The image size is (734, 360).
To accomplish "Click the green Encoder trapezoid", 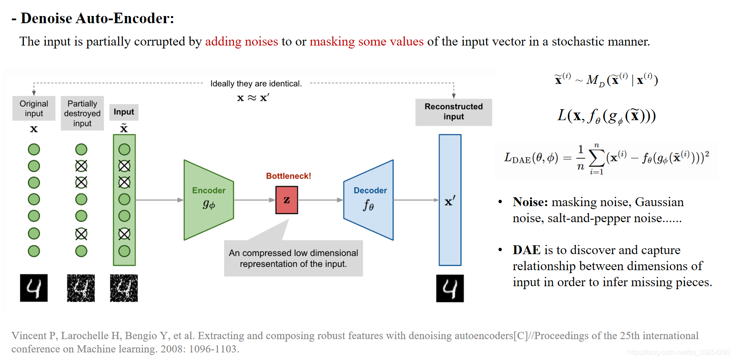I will tap(209, 200).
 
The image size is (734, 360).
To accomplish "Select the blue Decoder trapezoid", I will tap(369, 200).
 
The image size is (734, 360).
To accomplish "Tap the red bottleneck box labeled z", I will tap(287, 200).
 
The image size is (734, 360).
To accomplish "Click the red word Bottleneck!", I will tap(288, 176).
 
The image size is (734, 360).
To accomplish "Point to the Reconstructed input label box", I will tap(453, 112).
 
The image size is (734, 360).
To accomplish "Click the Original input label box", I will tap(34, 108).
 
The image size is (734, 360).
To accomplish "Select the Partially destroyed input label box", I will tap(82, 113).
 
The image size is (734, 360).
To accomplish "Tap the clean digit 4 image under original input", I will tap(34, 288).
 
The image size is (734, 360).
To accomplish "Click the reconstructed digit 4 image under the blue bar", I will tap(450, 288).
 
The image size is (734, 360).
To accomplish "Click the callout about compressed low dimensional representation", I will tap(293, 258).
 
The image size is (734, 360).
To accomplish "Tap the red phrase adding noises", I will tap(241, 41).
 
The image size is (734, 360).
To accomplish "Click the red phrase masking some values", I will tap(367, 41).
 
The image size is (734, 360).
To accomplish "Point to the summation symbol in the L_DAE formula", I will tap(596, 158).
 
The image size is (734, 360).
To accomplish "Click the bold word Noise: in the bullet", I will tap(530, 202).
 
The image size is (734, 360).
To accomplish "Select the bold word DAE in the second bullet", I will tap(526, 250).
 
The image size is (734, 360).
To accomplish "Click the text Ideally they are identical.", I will tap(256, 83).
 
